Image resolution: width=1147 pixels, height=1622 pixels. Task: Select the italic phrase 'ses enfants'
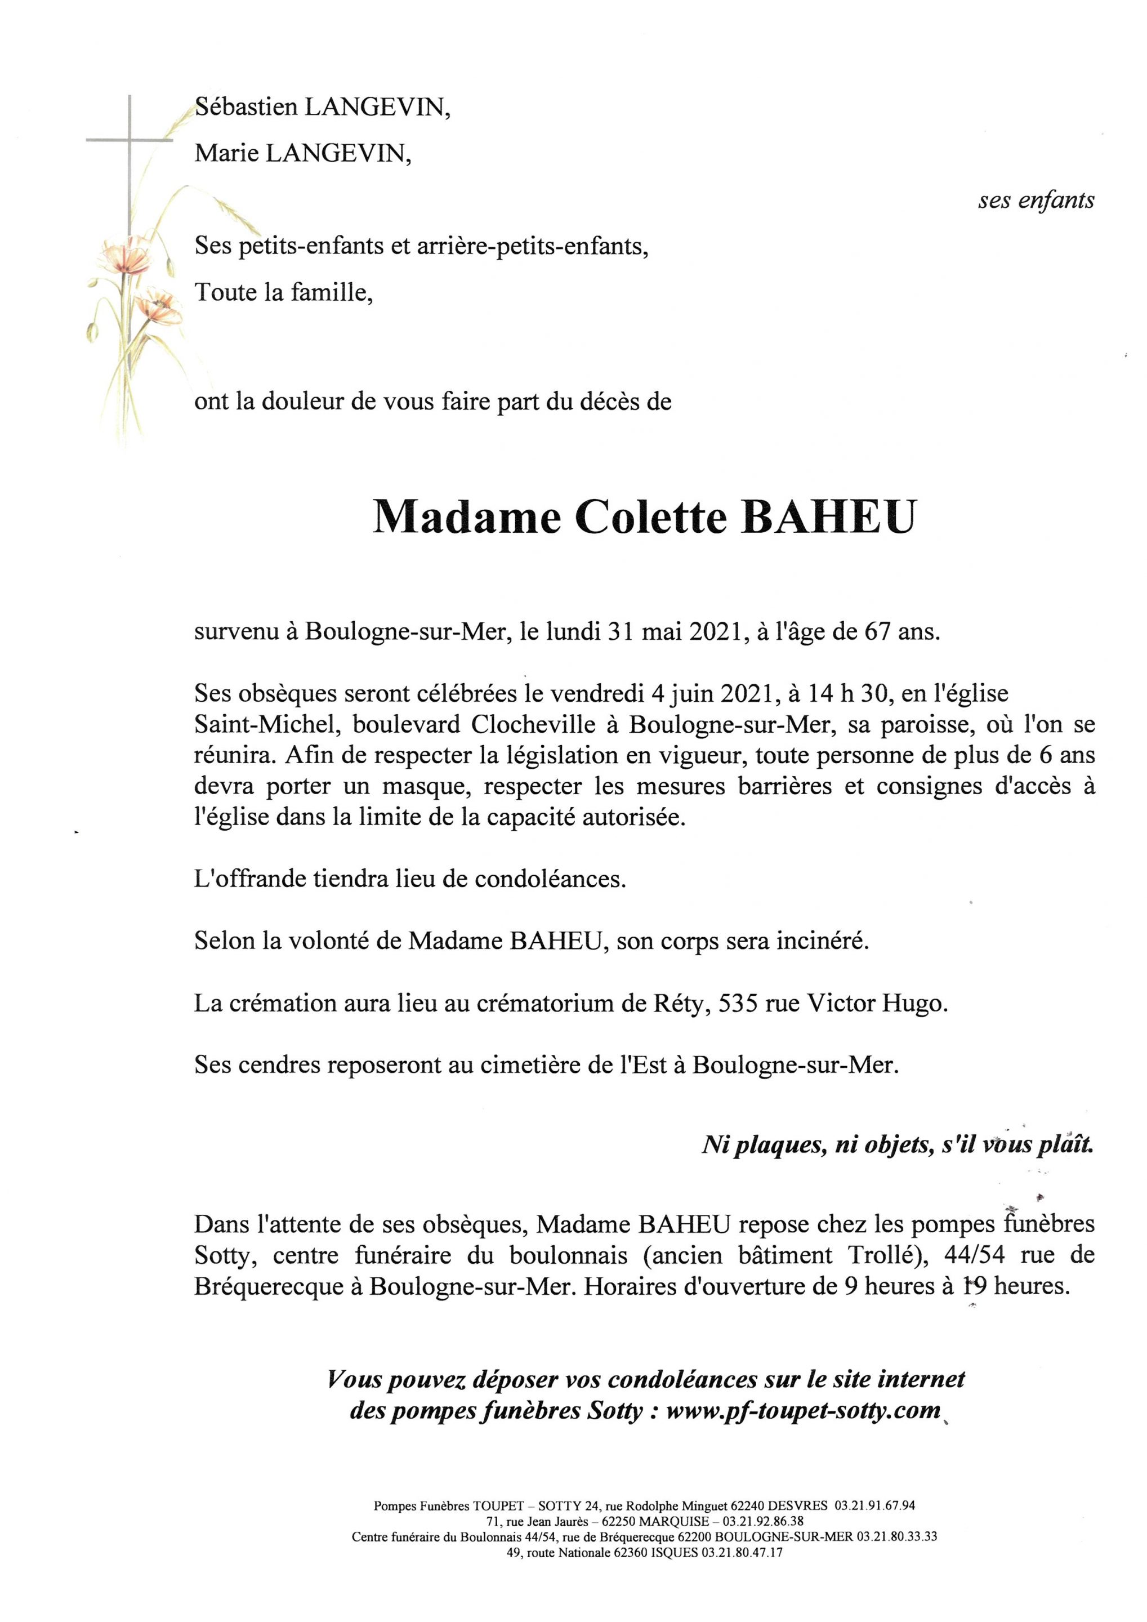coord(1036,201)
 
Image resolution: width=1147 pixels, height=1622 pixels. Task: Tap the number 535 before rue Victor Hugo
coord(739,1004)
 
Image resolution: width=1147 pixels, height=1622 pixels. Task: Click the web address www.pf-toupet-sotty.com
coord(803,1411)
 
